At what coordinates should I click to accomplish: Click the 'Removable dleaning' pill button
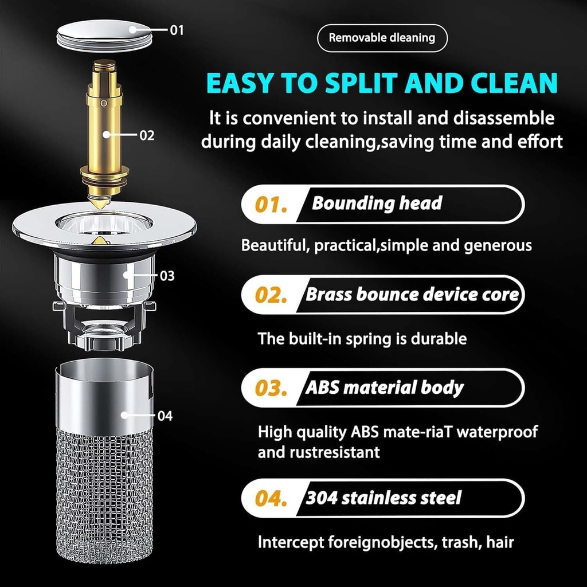(x=382, y=38)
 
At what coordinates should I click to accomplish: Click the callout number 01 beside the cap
(x=177, y=30)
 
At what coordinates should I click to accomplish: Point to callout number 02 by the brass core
(x=147, y=135)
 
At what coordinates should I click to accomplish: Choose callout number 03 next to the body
(x=167, y=276)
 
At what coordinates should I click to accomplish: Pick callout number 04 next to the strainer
(x=165, y=416)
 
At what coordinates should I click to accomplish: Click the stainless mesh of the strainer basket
(x=104, y=493)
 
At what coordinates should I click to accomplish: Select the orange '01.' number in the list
(x=270, y=204)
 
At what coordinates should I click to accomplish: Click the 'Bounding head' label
(x=377, y=203)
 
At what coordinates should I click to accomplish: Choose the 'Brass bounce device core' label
(x=412, y=295)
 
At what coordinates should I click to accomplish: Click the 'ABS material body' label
(x=384, y=388)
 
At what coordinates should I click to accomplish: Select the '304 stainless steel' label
(x=383, y=498)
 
